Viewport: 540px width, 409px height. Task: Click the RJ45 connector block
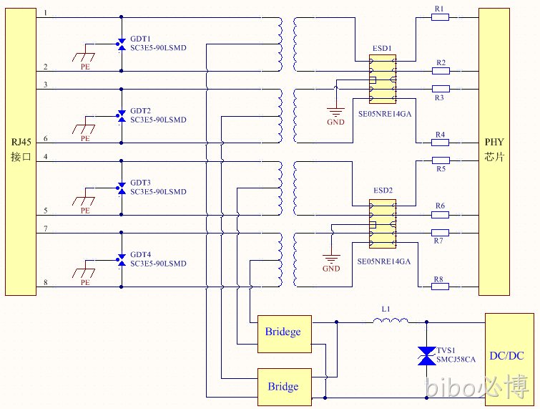click(21, 152)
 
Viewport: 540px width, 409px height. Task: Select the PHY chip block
click(494, 152)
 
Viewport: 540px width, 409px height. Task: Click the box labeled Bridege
click(285, 334)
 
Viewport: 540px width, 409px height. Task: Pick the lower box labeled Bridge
click(285, 387)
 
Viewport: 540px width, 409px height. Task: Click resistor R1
click(440, 17)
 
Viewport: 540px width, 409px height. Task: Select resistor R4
click(440, 142)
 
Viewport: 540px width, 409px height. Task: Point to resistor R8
click(440, 287)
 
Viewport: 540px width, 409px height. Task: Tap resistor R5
click(441, 160)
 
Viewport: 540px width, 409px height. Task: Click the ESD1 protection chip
click(382, 79)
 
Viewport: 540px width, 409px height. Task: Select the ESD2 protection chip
click(382, 223)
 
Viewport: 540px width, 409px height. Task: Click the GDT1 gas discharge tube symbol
click(121, 44)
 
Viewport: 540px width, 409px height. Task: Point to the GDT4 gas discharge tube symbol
click(121, 260)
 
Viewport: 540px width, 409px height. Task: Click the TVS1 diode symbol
click(426, 356)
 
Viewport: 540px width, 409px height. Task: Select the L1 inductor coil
click(391, 321)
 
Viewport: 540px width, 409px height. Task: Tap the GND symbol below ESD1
click(335, 112)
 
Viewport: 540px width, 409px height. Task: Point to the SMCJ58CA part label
click(456, 360)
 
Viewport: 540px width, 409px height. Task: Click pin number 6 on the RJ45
click(46, 138)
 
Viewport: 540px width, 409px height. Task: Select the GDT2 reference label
click(140, 111)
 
